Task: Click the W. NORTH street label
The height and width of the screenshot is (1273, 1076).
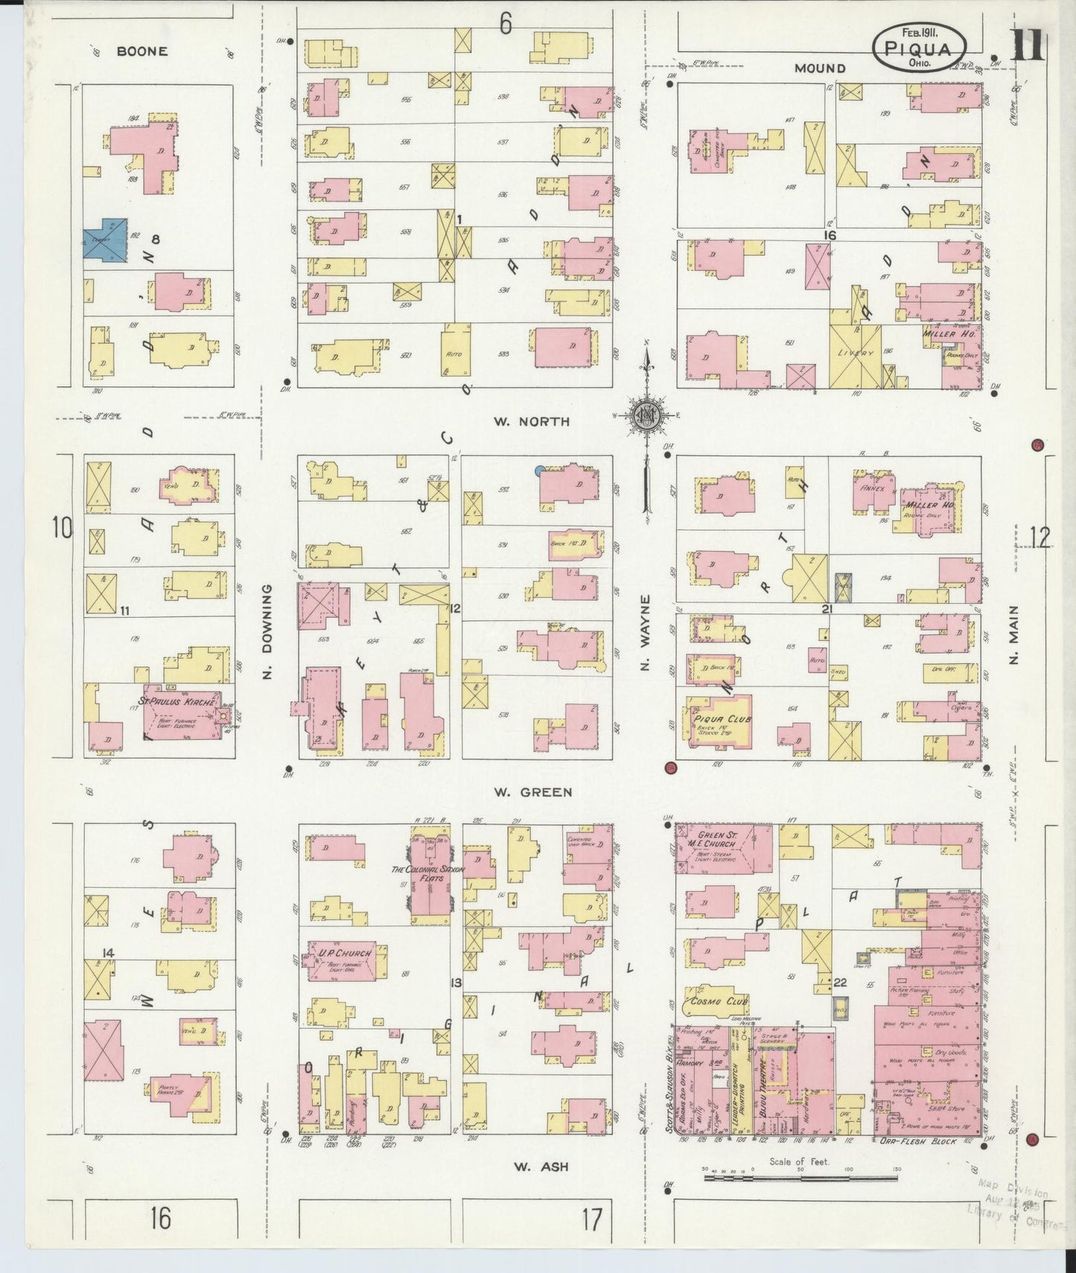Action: (x=531, y=421)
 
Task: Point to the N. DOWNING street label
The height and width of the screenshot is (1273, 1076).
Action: (x=267, y=631)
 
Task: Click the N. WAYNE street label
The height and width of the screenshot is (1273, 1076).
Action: (x=646, y=632)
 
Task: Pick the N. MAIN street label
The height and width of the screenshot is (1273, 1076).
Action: (x=1014, y=634)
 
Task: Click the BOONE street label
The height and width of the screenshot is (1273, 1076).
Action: (x=141, y=51)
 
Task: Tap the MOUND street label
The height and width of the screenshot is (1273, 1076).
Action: (x=819, y=68)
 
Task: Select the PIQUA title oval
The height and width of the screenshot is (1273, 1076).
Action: (x=920, y=47)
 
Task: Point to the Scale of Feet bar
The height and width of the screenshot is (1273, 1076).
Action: (x=800, y=1178)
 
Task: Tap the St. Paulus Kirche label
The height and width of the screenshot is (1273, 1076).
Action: (x=176, y=701)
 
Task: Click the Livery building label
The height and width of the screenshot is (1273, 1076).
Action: (x=854, y=353)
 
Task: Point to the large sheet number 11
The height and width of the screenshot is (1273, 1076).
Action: (x=1028, y=45)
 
